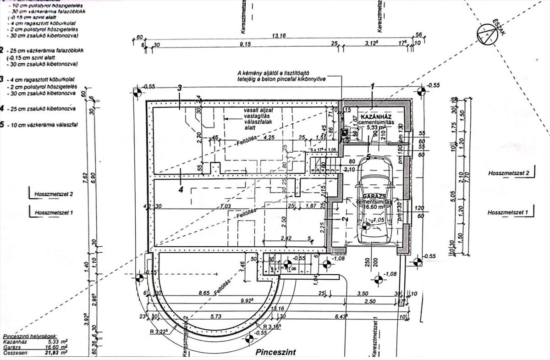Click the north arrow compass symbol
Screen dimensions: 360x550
click(x=486, y=34)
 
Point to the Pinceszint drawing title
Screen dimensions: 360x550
click(x=274, y=352)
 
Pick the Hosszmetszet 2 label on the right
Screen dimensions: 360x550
click(x=509, y=173)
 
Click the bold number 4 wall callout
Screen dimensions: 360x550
click(x=181, y=189)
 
